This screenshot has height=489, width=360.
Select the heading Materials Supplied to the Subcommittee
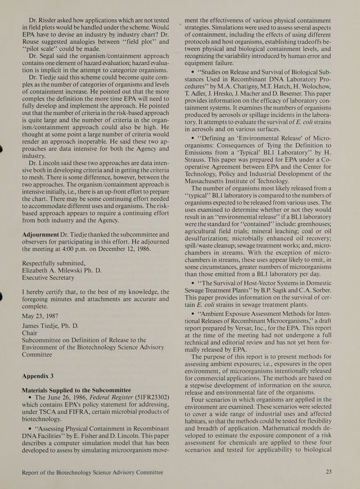[83, 390]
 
